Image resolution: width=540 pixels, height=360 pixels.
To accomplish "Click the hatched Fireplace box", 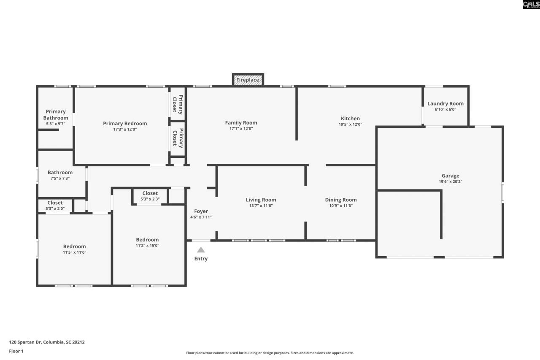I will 248,80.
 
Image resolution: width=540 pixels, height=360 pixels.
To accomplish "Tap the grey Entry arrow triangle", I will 201,250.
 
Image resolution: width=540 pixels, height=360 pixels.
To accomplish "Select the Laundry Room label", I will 445,103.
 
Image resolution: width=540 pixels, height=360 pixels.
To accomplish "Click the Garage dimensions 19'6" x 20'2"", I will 450,181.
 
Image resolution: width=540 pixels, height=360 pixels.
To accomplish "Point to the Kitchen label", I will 350,119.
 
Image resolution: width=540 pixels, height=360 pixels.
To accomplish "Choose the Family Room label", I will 241,123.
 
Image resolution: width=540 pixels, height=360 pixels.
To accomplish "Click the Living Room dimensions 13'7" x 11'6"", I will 261,206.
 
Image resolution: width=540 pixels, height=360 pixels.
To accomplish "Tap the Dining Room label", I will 340,200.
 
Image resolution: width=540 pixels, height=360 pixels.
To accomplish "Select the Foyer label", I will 201,211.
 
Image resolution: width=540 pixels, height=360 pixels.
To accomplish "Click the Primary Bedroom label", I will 125,124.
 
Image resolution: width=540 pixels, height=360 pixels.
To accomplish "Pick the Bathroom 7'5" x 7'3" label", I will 60,172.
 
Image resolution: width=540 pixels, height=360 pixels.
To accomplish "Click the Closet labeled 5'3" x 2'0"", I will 55,203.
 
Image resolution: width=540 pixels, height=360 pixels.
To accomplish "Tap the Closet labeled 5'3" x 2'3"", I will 150,193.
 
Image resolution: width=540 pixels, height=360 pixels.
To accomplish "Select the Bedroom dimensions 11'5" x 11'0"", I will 74,252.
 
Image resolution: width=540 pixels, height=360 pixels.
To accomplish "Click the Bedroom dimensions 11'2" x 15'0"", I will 147,246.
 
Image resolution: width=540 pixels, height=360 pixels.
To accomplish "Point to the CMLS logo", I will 531,5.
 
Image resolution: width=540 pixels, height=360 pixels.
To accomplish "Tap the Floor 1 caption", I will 16,351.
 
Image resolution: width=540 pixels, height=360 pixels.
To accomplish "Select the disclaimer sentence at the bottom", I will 270,353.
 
